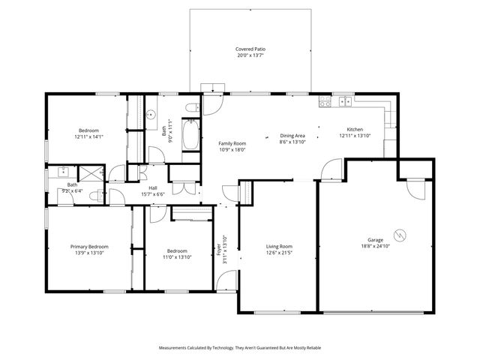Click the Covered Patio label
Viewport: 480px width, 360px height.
pos(250,49)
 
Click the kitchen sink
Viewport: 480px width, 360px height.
pos(345,101)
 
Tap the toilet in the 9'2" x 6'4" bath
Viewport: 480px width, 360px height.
pos(94,196)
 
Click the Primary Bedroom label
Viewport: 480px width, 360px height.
pos(89,247)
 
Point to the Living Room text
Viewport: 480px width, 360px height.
pos(280,247)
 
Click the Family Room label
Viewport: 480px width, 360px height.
pos(232,143)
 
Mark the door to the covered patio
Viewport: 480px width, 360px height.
pos(211,102)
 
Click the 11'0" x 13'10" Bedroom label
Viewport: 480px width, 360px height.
pos(177,251)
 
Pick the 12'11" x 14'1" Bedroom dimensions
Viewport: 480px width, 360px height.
pos(88,136)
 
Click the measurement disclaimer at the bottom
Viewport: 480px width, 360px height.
pos(240,348)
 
